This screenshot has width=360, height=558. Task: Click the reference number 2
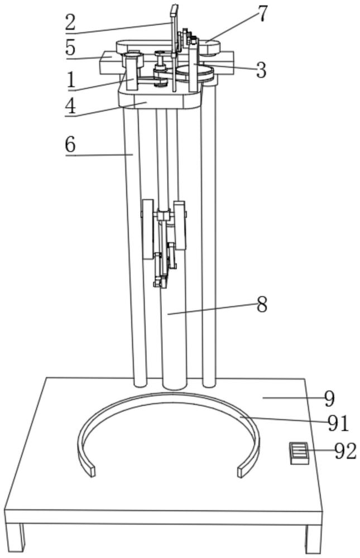tap(70, 22)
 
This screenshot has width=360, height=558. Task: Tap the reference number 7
tap(262, 15)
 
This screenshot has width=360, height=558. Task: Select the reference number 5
tap(71, 47)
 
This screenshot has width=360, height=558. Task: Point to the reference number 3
tap(261, 70)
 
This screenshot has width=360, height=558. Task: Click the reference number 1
tap(71, 80)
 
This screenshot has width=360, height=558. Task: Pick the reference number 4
tap(71, 105)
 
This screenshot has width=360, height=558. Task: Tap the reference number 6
tap(70, 145)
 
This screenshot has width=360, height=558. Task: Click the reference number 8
tap(262, 305)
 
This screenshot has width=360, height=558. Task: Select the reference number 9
tap(330, 399)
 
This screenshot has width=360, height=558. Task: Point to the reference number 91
tap(339, 424)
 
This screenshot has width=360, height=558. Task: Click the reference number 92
tap(345, 451)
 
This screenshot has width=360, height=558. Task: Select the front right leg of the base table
tap(314, 539)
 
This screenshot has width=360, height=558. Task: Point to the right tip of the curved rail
tap(242, 472)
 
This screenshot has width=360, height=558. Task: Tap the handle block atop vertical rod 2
tap(174, 11)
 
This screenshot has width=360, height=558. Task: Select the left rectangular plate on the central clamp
tap(148, 229)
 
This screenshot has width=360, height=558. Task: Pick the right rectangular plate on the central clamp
tap(180, 225)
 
